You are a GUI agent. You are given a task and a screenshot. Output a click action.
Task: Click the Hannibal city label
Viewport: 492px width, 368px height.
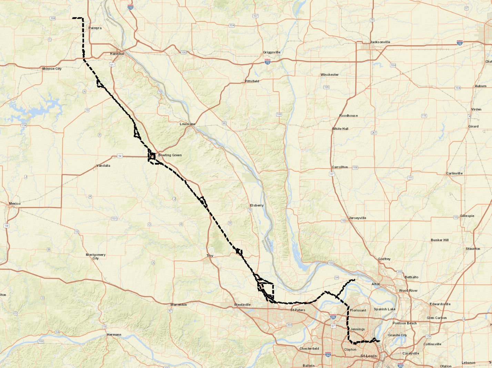pos(117,54)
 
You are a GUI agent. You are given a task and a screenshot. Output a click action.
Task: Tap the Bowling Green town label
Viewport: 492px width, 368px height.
pos(170,155)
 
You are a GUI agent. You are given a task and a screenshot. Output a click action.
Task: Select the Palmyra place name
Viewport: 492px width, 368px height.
pos(95,28)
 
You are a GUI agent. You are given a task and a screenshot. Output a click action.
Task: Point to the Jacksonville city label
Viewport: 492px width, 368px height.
pos(380,42)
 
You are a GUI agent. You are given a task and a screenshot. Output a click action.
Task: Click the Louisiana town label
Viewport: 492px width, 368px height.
pos(187,124)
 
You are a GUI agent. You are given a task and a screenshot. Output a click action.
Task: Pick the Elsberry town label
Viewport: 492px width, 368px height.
pos(257,205)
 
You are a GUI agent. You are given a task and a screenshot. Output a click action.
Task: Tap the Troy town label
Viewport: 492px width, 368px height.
pos(210,256)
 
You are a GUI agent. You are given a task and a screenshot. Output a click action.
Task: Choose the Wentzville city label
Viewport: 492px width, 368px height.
pos(242,305)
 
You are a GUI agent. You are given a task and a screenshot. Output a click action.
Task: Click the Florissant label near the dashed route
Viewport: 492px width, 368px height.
pos(358,310)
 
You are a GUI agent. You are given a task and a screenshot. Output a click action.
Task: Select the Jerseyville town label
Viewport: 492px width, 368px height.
pos(357,218)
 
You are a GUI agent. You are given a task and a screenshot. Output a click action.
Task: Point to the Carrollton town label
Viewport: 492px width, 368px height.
pos(340,167)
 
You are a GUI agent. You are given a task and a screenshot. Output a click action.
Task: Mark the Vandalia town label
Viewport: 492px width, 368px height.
pos(103,166)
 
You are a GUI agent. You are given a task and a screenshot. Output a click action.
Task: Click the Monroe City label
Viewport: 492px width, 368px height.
pos(52,69)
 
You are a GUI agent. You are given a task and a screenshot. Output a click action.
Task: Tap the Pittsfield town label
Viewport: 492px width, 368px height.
pos(252,81)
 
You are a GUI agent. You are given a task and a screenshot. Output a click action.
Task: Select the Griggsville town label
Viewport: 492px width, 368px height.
pos(271,52)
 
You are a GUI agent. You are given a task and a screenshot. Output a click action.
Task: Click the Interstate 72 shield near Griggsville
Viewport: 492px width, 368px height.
pos(268,62)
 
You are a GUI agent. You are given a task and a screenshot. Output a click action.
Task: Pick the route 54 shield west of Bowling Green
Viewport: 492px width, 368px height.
pos(120,156)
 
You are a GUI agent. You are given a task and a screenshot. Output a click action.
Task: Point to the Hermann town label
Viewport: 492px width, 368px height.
pos(114,335)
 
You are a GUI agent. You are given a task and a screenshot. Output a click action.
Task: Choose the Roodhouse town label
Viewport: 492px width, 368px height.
pos(348,116)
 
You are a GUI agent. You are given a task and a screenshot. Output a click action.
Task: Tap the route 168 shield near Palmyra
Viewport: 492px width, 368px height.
pos(53,18)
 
